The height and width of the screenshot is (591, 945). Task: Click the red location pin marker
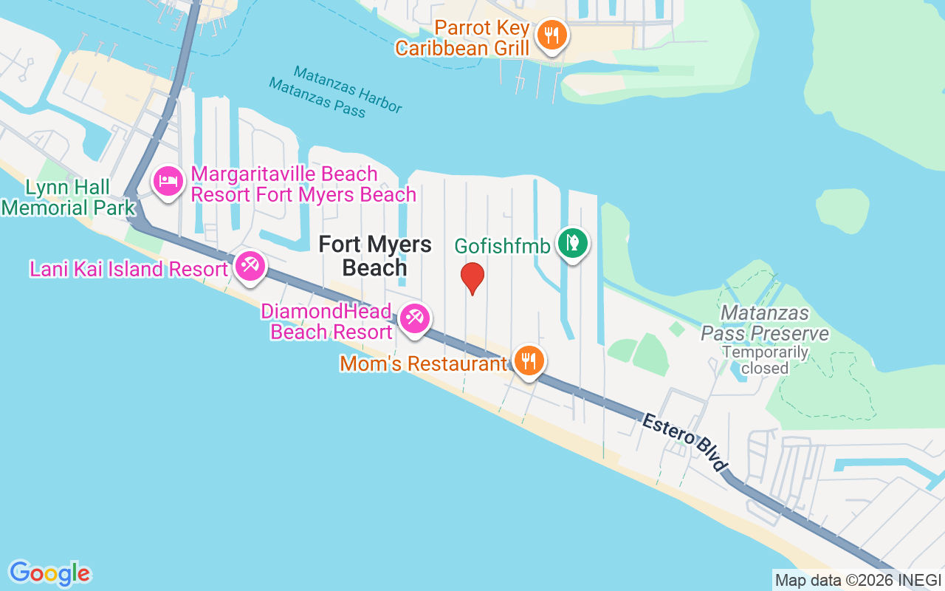coord(472,278)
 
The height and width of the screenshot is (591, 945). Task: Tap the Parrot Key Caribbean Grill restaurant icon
coord(551,35)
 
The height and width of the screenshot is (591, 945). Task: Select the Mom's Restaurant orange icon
coord(529,361)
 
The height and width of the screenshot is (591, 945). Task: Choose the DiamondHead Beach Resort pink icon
coord(414,319)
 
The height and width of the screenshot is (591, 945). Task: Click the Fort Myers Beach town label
coord(374,256)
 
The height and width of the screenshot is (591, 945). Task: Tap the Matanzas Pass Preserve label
coord(765,324)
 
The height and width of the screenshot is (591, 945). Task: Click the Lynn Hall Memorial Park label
coord(68,197)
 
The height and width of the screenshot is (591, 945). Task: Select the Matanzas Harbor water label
coord(348,89)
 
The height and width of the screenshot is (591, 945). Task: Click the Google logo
coord(49,573)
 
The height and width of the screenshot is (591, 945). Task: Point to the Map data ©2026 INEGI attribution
coord(858,580)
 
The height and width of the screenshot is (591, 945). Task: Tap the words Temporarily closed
coord(765,360)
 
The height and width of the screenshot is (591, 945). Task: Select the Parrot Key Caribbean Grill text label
coord(463,38)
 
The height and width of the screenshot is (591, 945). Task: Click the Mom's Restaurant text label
coord(423,363)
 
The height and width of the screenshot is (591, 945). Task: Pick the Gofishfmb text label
coord(502,246)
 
